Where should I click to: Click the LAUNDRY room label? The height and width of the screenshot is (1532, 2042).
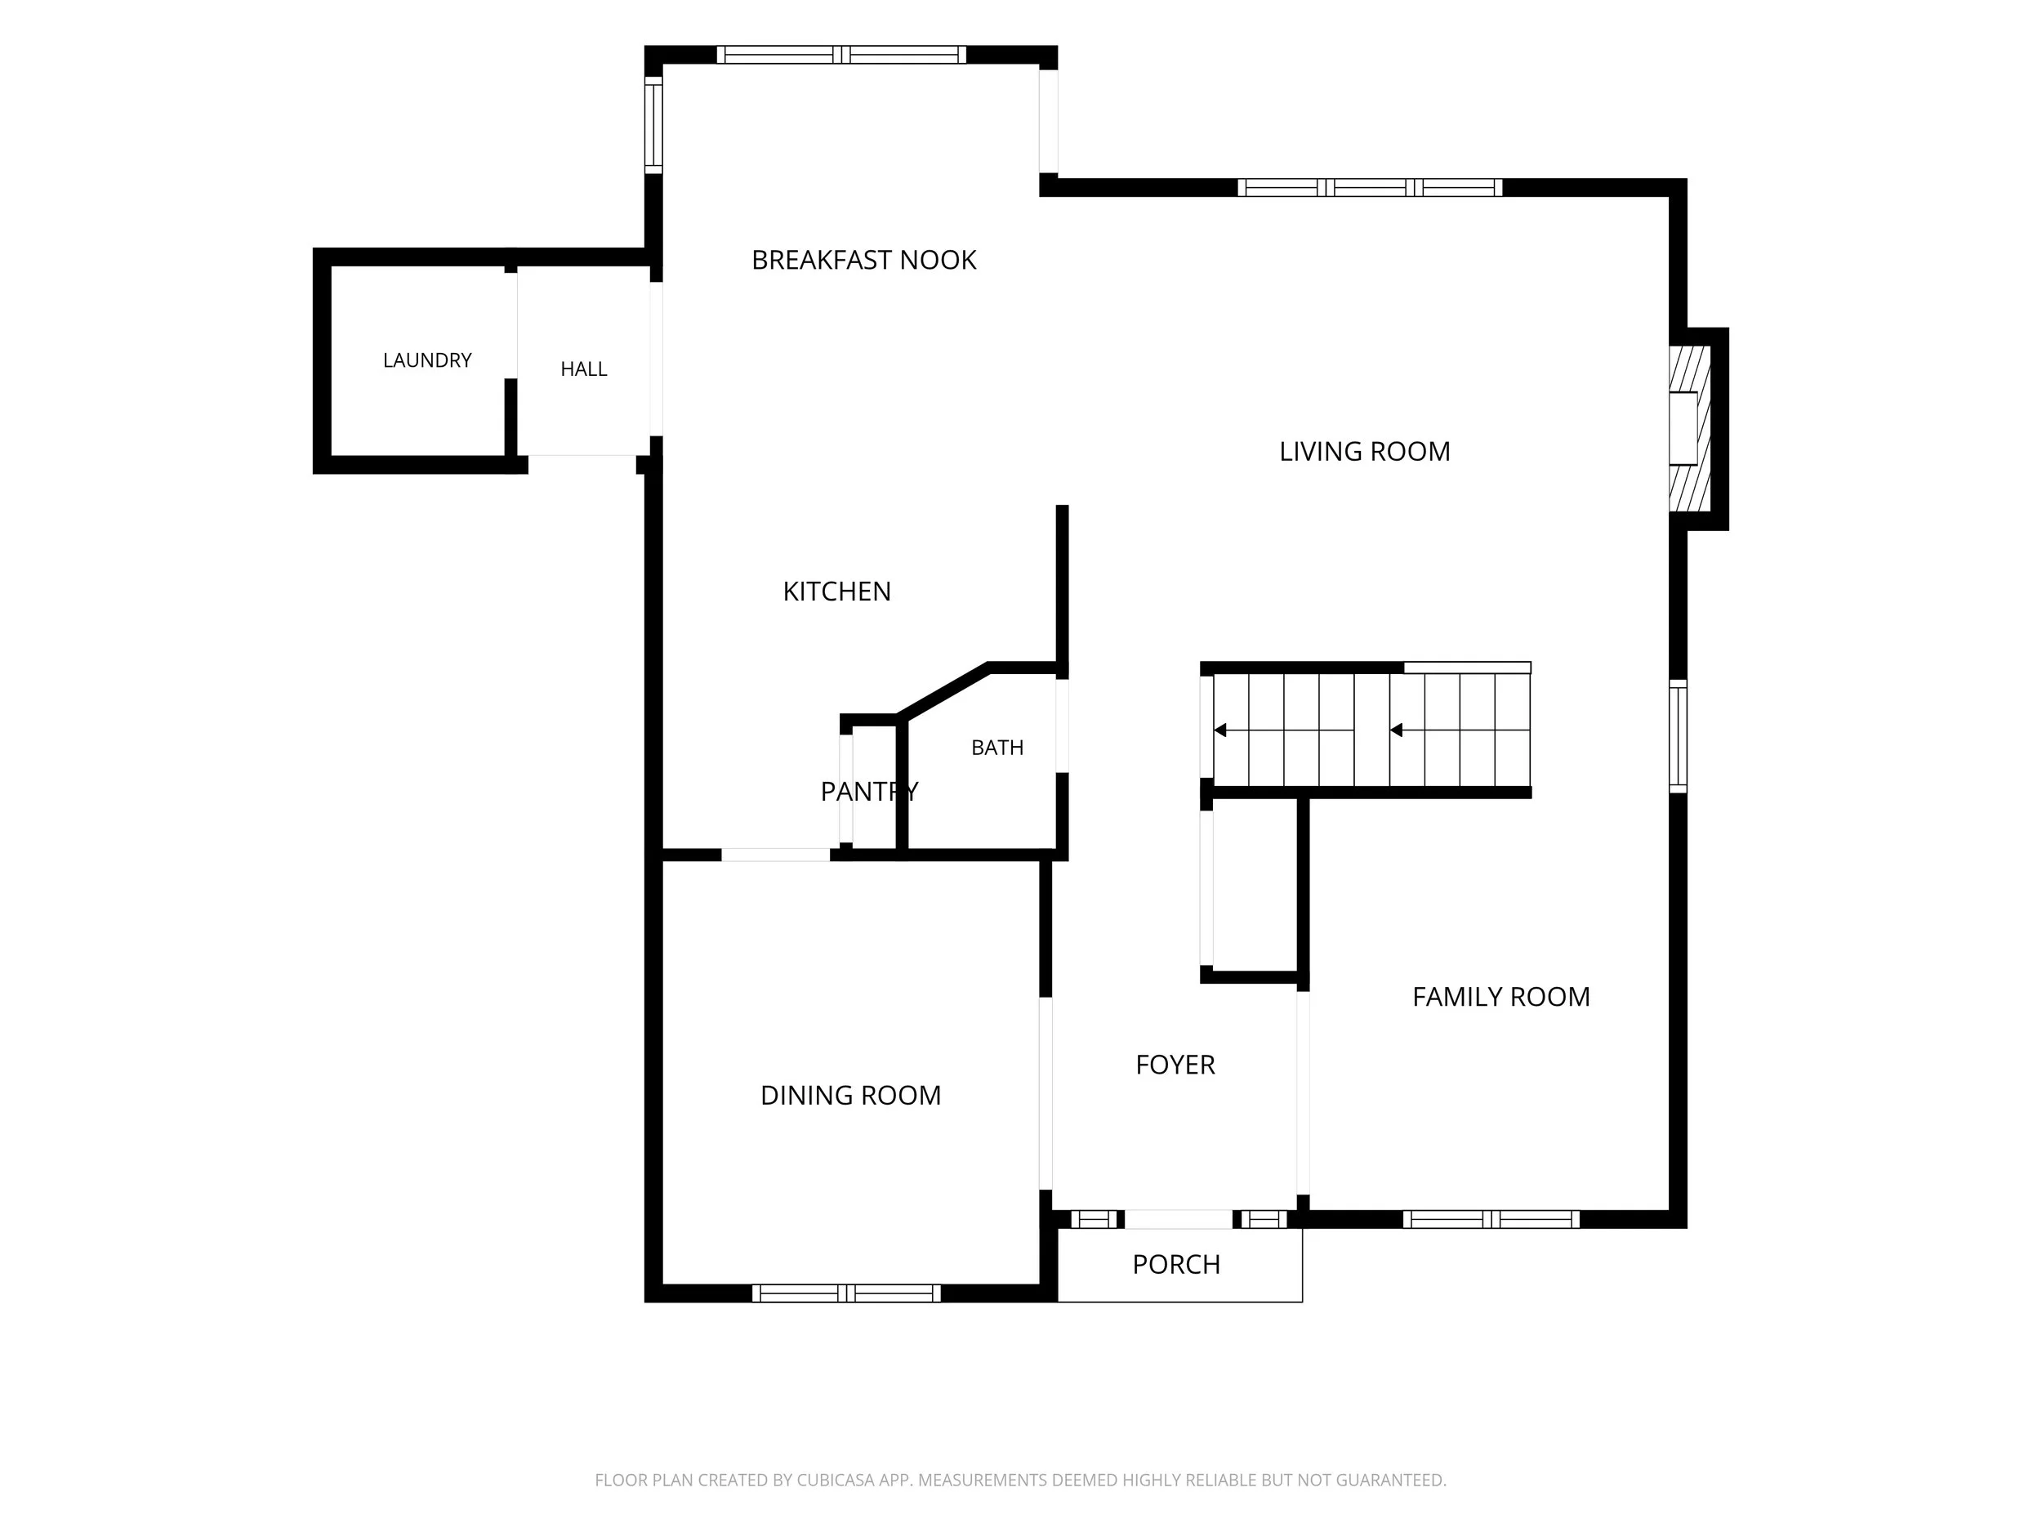pos(427,360)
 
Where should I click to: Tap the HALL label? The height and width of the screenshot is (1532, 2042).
pos(583,369)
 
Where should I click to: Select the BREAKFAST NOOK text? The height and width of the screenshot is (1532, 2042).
pos(864,261)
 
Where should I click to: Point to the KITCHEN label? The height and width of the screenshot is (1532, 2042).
pos(837,591)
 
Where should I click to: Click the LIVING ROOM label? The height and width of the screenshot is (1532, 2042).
pos(1364,452)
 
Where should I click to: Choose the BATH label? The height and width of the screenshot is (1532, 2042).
pos(997,748)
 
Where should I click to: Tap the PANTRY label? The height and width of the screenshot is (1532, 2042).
pos(870,792)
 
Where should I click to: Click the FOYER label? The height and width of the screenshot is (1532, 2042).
pos(1175,1065)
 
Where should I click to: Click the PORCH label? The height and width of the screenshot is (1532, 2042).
pos(1176,1264)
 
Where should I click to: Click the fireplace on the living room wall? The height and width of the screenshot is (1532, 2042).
pos(1689,428)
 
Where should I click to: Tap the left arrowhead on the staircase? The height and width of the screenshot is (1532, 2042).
pos(1219,730)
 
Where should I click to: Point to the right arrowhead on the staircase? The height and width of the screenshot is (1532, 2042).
pos(1396,730)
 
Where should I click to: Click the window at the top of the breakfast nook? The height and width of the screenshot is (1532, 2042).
pos(841,55)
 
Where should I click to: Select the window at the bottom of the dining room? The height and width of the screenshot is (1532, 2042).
pos(845,1293)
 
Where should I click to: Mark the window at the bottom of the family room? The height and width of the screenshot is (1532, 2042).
pos(1491,1219)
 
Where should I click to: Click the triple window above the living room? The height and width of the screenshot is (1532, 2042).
pos(1370,187)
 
